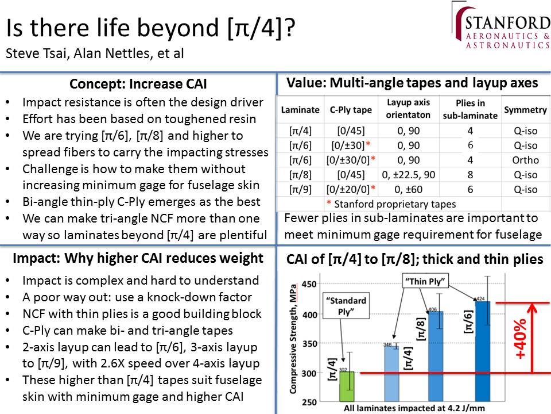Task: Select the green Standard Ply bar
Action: pyautogui.click(x=346, y=386)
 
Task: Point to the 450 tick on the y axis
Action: pyautogui.click(x=309, y=283)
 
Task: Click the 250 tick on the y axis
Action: pyautogui.click(x=309, y=401)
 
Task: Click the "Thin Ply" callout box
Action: pyautogui.click(x=425, y=282)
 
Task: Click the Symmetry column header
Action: pyautogui.click(x=525, y=110)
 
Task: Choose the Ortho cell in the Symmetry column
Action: pyautogui.click(x=525, y=160)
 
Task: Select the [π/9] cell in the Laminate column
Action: pyautogui.click(x=300, y=190)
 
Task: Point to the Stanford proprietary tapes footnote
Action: pyautogui.click(x=391, y=204)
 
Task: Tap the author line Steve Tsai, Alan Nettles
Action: pyautogui.click(x=95, y=54)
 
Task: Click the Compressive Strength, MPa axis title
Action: pyautogui.click(x=293, y=342)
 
